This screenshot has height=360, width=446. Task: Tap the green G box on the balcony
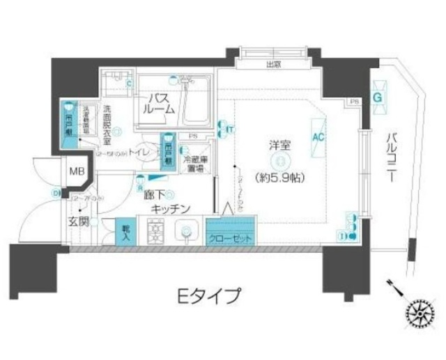(x=378, y=96)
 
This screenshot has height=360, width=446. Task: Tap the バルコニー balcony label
(x=392, y=157)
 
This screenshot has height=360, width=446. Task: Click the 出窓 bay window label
(x=272, y=65)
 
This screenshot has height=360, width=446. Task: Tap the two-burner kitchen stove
(x=153, y=230)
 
